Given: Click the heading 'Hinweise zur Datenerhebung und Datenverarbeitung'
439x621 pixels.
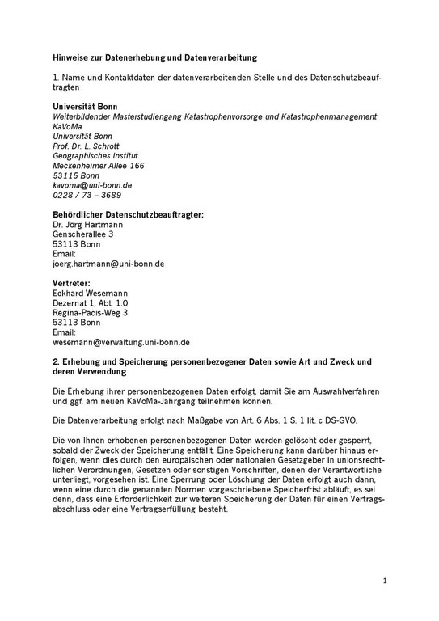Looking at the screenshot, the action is pos(154,58).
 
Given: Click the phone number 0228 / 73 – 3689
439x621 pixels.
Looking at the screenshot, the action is pos(87,195).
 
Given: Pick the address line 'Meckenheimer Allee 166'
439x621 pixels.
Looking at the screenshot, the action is pos(98,165).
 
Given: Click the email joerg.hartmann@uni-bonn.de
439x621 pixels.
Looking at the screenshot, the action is pos(109,263).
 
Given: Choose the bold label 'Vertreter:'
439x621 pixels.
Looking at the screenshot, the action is pos(72,283).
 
